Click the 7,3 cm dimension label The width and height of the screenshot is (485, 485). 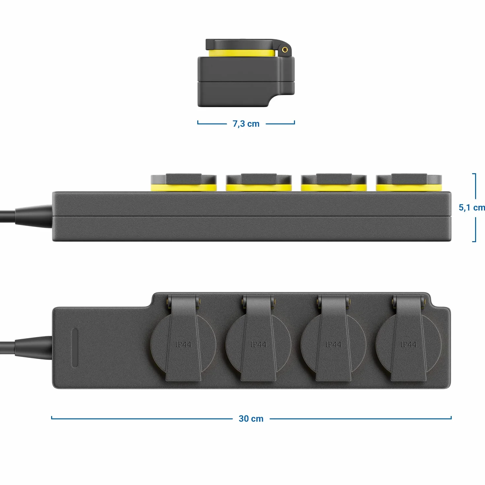[246, 124]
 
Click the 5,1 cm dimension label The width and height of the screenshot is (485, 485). [472, 208]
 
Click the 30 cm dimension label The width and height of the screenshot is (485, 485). [251, 419]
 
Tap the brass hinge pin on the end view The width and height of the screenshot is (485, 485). [285, 50]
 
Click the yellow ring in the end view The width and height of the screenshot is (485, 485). [242, 53]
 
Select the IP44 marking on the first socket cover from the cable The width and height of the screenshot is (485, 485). [183, 344]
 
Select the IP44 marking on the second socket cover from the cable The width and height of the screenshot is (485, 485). [258, 344]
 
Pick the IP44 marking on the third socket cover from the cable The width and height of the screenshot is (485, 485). [333, 344]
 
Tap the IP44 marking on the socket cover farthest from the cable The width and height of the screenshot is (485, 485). [408, 344]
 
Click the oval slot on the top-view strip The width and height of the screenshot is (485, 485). [75, 348]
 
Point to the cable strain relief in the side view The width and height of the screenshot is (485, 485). [34, 216]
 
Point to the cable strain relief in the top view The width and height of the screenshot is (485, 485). [34, 347]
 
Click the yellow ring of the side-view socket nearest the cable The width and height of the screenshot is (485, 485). [183, 188]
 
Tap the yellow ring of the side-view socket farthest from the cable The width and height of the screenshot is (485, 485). [409, 188]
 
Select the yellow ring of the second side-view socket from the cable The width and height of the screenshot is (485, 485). [259, 188]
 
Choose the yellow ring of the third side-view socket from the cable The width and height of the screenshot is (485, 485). [334, 188]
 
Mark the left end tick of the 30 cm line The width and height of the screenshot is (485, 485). [51, 418]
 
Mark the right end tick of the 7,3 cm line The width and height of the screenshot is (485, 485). [295, 122]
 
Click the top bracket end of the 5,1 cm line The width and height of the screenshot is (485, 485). [474, 174]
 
